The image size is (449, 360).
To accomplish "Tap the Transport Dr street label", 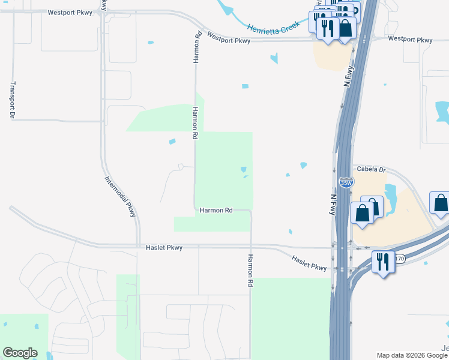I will (12, 100).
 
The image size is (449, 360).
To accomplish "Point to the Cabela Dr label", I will (370, 170).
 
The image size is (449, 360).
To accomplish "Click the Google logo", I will (20, 353).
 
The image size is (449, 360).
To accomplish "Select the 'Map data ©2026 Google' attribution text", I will (412, 355).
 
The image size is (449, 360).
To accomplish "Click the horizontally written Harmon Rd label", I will (215, 211).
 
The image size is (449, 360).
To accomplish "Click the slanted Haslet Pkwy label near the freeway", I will (309, 263).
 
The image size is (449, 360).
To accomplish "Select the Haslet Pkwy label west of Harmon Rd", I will (164, 247).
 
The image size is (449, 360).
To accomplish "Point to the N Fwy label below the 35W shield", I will (334, 204).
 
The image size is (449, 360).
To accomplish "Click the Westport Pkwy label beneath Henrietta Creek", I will (228, 38).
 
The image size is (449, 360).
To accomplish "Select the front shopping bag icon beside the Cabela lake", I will (363, 213).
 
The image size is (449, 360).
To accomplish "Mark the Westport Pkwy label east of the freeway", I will (410, 40).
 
